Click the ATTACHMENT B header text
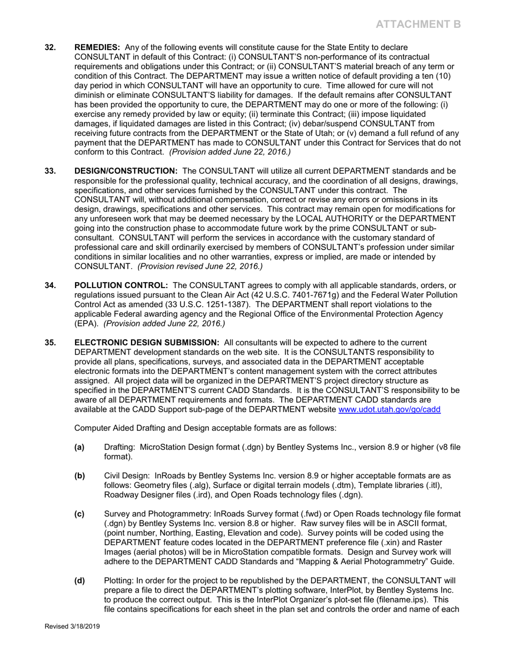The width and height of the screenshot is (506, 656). [418, 24]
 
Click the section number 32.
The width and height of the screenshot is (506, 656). [50, 47]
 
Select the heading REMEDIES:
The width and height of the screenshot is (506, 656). [96, 47]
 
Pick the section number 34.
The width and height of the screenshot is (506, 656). [50, 285]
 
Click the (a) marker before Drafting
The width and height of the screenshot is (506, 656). [79, 447]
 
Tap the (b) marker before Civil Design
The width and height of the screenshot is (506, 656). [79, 476]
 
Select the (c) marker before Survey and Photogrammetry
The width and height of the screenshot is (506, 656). [79, 514]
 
